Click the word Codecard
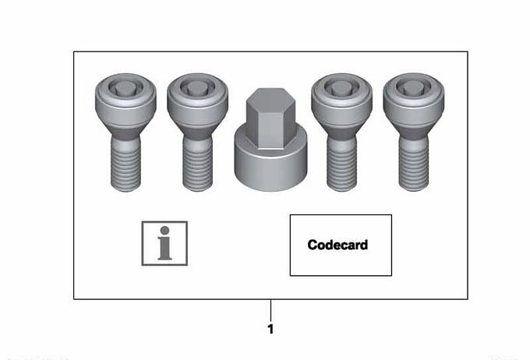point(337,245)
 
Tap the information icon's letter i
point(164,243)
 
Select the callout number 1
point(270,329)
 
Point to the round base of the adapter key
point(270,162)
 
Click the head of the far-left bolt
point(125,100)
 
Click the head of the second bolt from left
point(197,100)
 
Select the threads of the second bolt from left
point(197,165)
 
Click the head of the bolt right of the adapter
point(341,100)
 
